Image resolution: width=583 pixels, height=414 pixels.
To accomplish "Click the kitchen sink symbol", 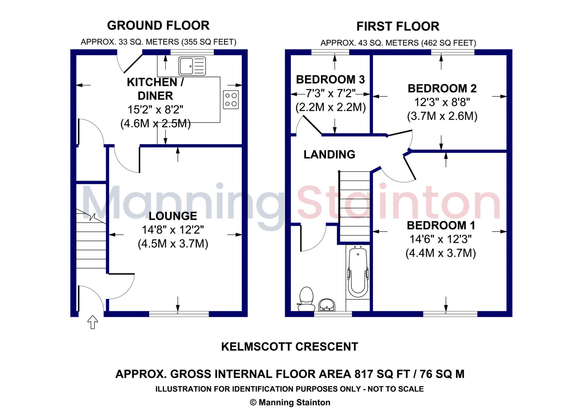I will coord(192,66).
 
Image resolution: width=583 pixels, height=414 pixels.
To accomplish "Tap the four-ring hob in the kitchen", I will coord(231,100).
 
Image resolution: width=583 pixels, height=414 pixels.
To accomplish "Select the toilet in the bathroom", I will coord(306,299).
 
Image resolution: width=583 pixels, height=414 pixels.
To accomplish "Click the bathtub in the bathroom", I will coord(358,272).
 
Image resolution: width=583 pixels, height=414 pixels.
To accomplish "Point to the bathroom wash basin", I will coord(327,305).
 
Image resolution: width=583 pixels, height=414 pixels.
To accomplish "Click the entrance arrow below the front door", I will coord(93,322).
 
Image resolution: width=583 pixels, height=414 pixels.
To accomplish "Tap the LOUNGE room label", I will coord(173,216).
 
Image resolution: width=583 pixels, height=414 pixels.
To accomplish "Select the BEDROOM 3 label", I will coord(330,80).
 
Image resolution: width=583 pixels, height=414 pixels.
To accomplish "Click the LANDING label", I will coord(329,155).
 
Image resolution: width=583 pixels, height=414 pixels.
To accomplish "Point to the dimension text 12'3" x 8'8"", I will coord(442,102).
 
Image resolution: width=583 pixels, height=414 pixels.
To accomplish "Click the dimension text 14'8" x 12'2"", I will coord(173,230).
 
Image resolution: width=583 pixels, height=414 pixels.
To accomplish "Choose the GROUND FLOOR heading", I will coord(158,26).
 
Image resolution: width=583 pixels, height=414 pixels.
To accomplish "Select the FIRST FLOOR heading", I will coord(398,26).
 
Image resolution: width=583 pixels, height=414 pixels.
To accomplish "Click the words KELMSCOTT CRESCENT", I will coord(290,347).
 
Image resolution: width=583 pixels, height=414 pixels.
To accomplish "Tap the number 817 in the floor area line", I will coord(364,374).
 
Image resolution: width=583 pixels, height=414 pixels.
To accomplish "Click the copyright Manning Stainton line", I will coord(290,402).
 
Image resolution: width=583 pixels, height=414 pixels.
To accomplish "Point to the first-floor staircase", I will coord(355,206).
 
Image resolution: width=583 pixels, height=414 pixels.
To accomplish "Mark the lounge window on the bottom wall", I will coord(179,314).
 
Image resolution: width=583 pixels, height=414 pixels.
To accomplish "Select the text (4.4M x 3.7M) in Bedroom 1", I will coord(440,253).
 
